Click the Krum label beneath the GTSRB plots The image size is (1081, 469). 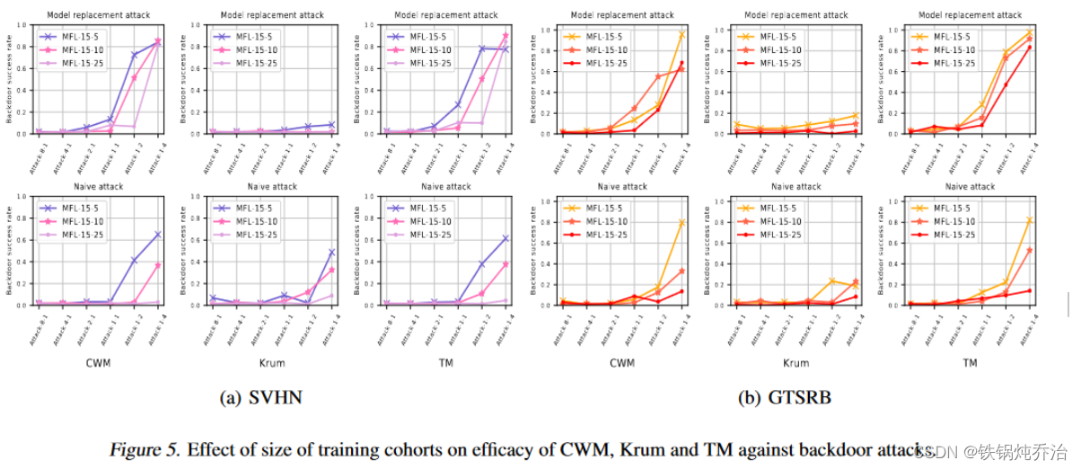point(795,364)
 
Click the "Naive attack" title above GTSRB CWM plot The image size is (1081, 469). point(622,187)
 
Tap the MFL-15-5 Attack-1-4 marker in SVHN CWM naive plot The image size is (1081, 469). point(158,234)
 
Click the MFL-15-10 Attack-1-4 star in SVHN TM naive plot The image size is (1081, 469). point(505,264)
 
